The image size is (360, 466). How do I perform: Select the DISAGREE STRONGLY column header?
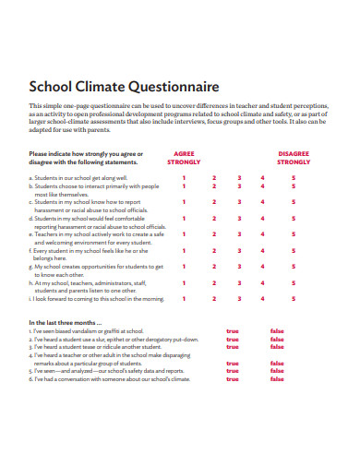pyautogui.click(x=294, y=158)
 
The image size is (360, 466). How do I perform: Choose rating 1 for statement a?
pyautogui.click(x=183, y=177)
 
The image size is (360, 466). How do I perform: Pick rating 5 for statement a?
pyautogui.click(x=294, y=177)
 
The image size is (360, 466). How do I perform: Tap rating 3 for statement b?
pyautogui.click(x=239, y=186)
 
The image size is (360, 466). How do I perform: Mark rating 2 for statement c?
pyautogui.click(x=214, y=201)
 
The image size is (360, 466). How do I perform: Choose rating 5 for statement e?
pyautogui.click(x=294, y=234)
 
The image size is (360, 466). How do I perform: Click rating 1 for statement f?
pyautogui.click(x=183, y=250)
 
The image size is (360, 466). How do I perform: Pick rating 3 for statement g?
pyautogui.click(x=239, y=266)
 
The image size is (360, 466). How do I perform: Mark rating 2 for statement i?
pyautogui.click(x=214, y=299)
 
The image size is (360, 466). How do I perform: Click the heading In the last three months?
pyautogui.click(x=65, y=322)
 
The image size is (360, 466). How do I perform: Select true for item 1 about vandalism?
pyautogui.click(x=233, y=330)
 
